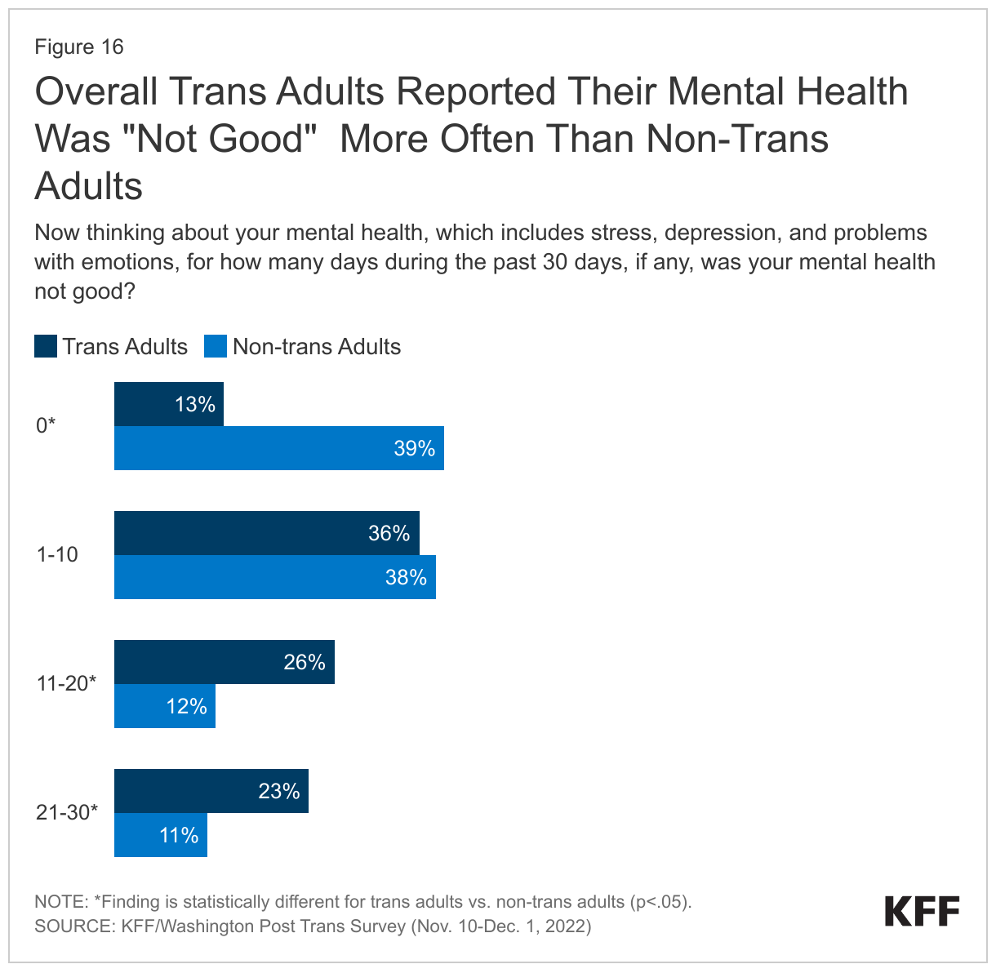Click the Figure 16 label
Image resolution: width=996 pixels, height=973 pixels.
tap(79, 47)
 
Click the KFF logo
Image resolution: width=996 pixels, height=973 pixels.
tap(922, 912)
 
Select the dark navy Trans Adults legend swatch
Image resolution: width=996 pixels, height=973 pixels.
tap(46, 346)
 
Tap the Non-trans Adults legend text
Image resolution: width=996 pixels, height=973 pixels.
tap(316, 347)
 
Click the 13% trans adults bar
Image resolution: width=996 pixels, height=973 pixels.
tap(168, 404)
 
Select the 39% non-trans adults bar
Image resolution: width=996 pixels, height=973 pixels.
tap(278, 448)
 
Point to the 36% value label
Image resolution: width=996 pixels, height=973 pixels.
tap(389, 533)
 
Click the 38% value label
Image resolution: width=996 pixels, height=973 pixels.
tap(406, 577)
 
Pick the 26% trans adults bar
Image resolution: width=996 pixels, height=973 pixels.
tap(224, 662)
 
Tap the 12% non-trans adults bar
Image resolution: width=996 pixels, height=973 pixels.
tap(164, 706)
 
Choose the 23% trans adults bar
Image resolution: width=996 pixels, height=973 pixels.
tap(211, 791)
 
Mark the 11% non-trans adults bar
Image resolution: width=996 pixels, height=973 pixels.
tap(160, 835)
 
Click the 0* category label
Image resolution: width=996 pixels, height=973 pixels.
tap(46, 425)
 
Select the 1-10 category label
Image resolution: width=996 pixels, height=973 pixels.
tap(57, 555)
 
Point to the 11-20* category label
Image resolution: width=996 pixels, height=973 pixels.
tap(66, 684)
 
